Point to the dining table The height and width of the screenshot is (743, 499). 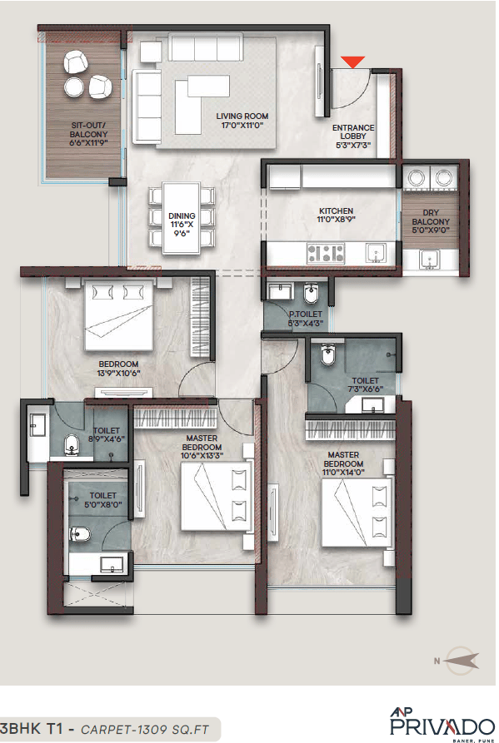pos(181,215)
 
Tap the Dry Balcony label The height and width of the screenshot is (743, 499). pos(431,226)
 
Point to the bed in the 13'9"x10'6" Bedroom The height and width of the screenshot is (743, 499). pos(117,315)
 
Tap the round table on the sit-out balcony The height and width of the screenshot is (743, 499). pos(72,87)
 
